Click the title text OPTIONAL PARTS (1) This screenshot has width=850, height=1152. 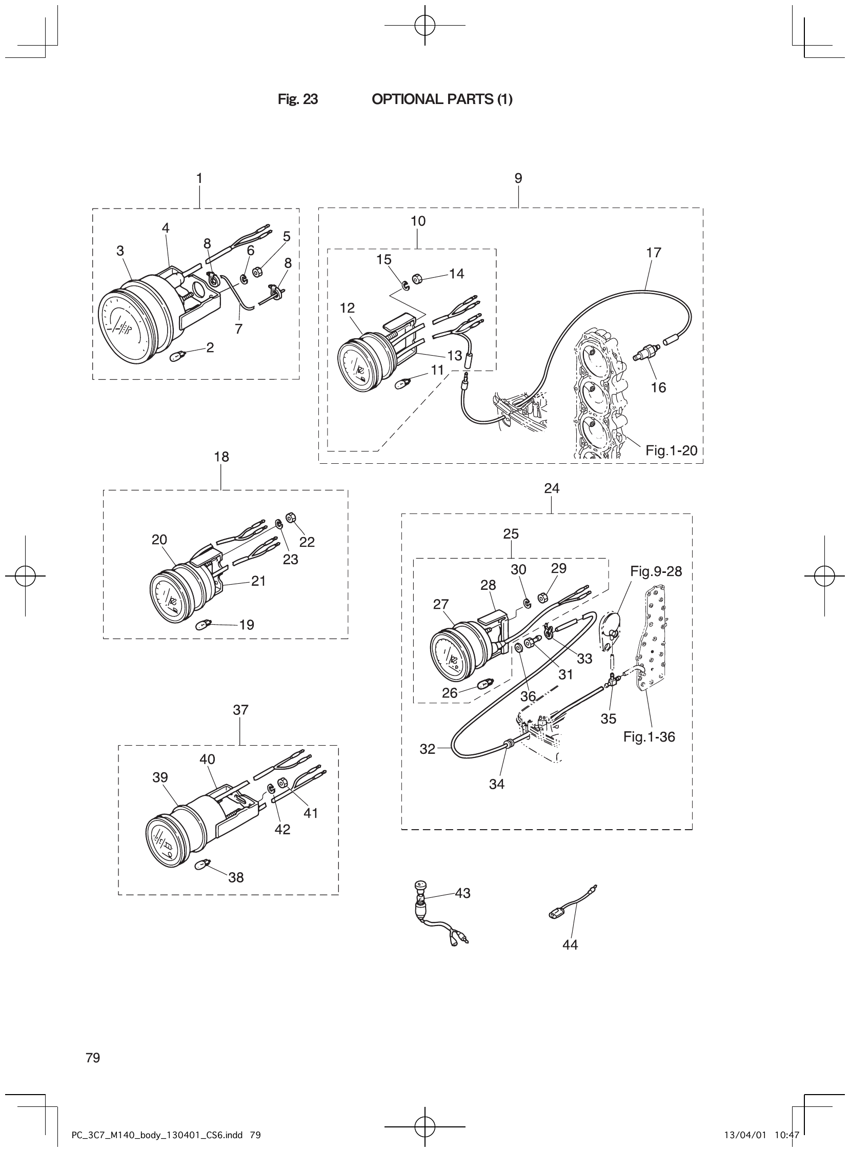(441, 99)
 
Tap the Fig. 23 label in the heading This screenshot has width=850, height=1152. (297, 99)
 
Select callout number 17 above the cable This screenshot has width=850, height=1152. (654, 253)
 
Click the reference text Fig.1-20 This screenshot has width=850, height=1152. (671, 450)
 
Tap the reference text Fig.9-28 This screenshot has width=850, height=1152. (656, 571)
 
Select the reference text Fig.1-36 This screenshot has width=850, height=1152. (649, 737)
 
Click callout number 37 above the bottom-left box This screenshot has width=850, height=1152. (240, 710)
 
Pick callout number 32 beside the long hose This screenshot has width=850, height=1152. (427, 749)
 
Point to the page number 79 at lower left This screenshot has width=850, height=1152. (93, 1057)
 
